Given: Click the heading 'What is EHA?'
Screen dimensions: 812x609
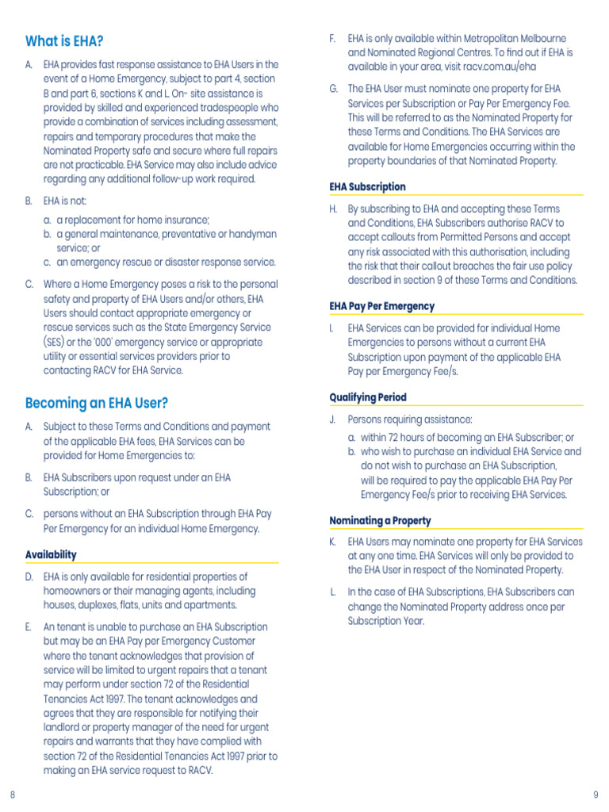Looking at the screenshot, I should tap(64, 41).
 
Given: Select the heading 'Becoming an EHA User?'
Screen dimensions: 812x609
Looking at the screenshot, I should tap(97, 403).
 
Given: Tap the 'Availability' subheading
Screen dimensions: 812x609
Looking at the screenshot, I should tap(51, 554).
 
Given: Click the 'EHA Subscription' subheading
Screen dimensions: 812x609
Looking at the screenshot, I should tap(367, 186).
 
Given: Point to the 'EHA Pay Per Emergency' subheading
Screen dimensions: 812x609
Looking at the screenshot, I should tap(381, 306).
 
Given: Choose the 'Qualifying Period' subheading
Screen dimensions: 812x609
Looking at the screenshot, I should tap(368, 397).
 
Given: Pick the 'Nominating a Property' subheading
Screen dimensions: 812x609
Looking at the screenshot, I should tap(380, 520).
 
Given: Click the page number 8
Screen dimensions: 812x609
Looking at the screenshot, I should tap(12, 795).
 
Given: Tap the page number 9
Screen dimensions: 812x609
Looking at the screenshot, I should tap(596, 795).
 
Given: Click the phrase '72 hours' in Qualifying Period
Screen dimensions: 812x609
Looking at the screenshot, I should tap(404, 438).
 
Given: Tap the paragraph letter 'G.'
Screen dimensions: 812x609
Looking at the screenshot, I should tap(334, 89).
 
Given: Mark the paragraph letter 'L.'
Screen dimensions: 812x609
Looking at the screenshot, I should tap(333, 592).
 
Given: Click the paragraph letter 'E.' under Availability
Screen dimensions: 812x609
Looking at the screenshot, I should tap(29, 626).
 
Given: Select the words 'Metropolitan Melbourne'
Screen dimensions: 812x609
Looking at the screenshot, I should tap(512, 38).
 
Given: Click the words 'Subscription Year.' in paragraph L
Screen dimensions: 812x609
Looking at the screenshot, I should tap(386, 621).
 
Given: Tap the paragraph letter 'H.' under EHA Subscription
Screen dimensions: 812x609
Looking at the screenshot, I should tap(334, 209).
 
